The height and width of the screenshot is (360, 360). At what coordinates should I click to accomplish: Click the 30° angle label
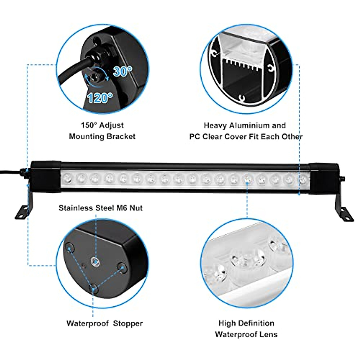pyautogui.click(x=122, y=71)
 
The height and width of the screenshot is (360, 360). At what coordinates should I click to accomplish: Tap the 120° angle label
pyautogui.click(x=100, y=98)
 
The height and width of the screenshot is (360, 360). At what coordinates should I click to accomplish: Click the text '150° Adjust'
pyautogui.click(x=102, y=125)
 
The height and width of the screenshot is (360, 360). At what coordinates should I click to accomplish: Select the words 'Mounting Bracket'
pyautogui.click(x=102, y=136)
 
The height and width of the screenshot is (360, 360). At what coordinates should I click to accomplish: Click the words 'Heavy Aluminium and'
pyautogui.click(x=244, y=125)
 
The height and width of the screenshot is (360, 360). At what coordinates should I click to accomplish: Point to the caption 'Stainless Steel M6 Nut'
pyautogui.click(x=100, y=208)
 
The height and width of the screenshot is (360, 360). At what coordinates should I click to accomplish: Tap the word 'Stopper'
pyautogui.click(x=128, y=323)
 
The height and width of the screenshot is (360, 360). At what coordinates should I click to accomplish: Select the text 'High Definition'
pyautogui.click(x=246, y=323)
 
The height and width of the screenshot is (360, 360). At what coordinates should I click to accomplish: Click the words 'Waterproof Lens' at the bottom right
pyautogui.click(x=246, y=334)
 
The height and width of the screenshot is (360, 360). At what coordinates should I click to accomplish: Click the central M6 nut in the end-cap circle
pyautogui.click(x=95, y=262)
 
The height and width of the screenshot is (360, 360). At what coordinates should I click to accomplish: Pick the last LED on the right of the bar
pyautogui.click(x=302, y=179)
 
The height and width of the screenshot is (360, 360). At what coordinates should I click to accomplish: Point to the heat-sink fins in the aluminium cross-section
pyautogui.click(x=240, y=64)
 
